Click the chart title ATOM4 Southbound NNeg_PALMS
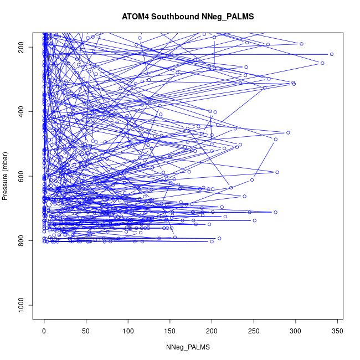[x=188, y=17]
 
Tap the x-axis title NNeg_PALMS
[x=188, y=347]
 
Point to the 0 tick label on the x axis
[x=44, y=331]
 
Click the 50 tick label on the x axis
[x=86, y=331]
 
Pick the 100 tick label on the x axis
[x=128, y=331]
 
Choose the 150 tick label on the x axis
[x=170, y=331]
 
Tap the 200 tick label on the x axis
[x=212, y=331]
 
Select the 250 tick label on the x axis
[x=254, y=331]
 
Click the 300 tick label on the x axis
[x=295, y=331]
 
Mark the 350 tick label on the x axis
[x=337, y=331]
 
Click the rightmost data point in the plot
[x=331, y=54]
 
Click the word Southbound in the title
[x=176, y=17]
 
